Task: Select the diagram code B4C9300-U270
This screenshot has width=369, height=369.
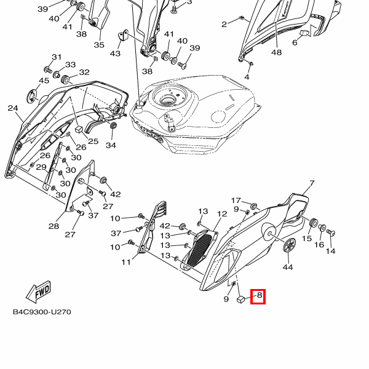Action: coord(42,312)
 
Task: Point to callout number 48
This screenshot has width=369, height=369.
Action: coord(276,52)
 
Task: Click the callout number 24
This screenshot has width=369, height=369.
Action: coord(13,108)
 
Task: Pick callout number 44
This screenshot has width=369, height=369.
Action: coord(287,268)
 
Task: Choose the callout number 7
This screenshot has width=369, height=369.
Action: coord(311,183)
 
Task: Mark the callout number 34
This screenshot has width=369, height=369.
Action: coord(111,145)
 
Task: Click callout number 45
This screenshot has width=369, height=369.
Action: coord(44,81)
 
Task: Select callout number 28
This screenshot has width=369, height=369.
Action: coord(54,226)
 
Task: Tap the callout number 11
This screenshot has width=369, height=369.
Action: coord(126,263)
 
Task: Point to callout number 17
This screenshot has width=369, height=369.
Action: coord(236,200)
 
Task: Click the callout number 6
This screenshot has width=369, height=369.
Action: coord(295,42)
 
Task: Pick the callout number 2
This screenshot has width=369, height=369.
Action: coord(224,24)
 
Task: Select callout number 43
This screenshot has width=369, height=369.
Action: coord(115,54)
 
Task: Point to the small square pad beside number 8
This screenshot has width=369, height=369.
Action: coord(242,300)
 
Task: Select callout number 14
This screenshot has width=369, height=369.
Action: coord(331,251)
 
